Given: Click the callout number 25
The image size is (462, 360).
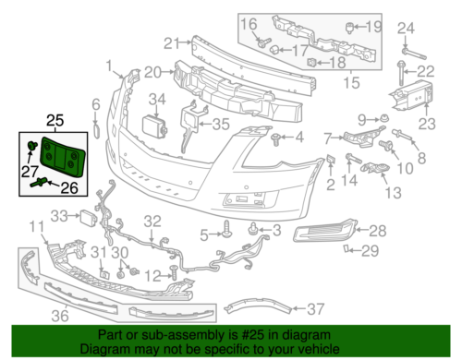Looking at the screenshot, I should coord(55,120).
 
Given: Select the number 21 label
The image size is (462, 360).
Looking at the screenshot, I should coord(170,42).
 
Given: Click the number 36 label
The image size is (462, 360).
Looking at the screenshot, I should coord(61,316).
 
